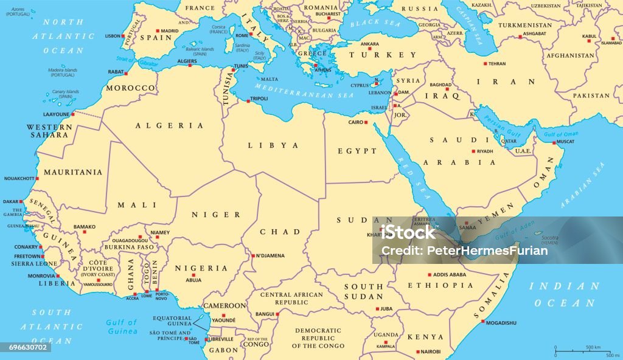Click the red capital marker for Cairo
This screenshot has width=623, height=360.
(367, 122)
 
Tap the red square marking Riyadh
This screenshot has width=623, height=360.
(473, 151)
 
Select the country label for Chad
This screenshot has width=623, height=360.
(280, 232)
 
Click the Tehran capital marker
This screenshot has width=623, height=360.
(486, 64)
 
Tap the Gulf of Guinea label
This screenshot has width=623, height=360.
(122, 327)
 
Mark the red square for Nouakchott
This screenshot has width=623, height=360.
(37, 178)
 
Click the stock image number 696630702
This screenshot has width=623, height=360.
(26, 347)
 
